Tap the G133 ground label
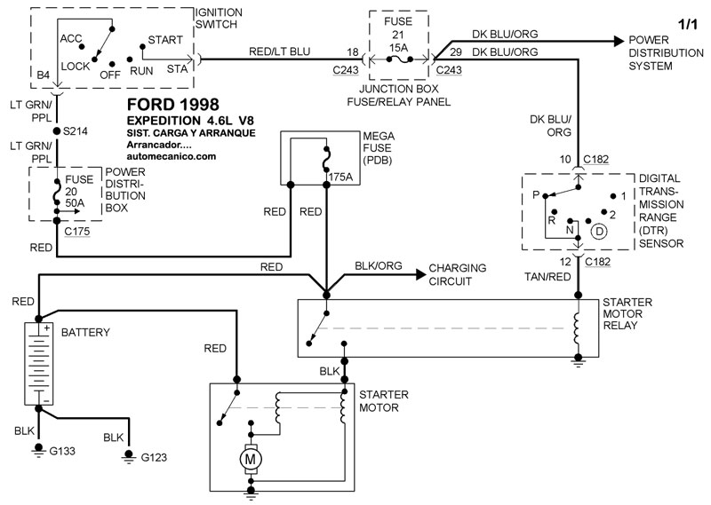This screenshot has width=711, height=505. pyautogui.click(x=62, y=451)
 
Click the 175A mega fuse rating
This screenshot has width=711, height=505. pyautogui.click(x=341, y=177)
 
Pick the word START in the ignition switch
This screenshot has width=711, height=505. pyautogui.click(x=167, y=40)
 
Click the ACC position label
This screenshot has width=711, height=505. pyautogui.click(x=71, y=40)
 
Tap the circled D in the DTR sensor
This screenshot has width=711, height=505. pyautogui.click(x=599, y=233)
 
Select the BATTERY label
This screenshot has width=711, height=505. pyautogui.click(x=85, y=332)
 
